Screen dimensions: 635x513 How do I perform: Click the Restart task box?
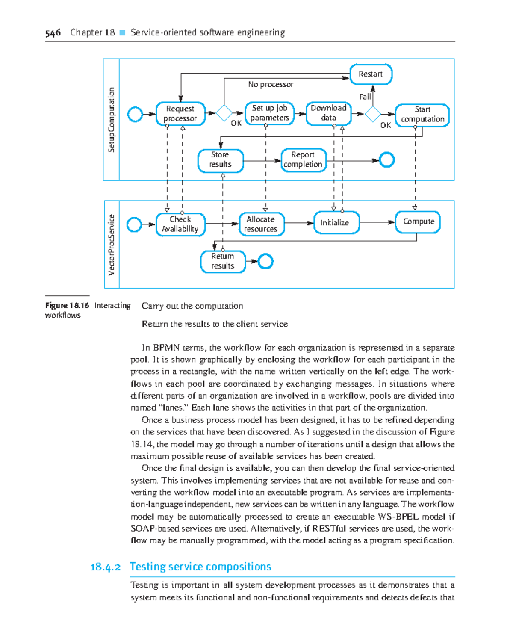(x=371, y=74)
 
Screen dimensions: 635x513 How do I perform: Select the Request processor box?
(x=180, y=114)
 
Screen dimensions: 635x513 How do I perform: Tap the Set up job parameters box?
(x=269, y=113)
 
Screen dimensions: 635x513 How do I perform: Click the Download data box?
(x=328, y=113)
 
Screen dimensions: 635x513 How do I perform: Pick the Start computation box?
(x=422, y=115)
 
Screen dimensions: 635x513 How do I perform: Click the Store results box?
(x=221, y=160)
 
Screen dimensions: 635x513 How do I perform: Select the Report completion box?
(x=303, y=160)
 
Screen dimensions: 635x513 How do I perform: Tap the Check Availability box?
(x=180, y=224)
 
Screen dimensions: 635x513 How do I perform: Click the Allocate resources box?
(x=261, y=224)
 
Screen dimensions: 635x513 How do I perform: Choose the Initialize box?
(x=336, y=222)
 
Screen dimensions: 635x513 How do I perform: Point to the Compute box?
(x=418, y=222)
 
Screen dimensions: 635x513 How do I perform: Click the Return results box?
(x=223, y=261)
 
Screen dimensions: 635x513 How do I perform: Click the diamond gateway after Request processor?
(x=224, y=113)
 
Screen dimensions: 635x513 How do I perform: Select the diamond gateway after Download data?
(x=373, y=114)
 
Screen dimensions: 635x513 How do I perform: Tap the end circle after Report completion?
(x=387, y=160)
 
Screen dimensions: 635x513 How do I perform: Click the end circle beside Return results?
(x=265, y=261)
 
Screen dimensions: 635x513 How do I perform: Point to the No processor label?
(x=271, y=85)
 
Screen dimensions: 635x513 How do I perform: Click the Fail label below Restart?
(x=365, y=97)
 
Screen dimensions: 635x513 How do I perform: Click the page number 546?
(x=53, y=33)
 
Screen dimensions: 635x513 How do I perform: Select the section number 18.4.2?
(x=105, y=567)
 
